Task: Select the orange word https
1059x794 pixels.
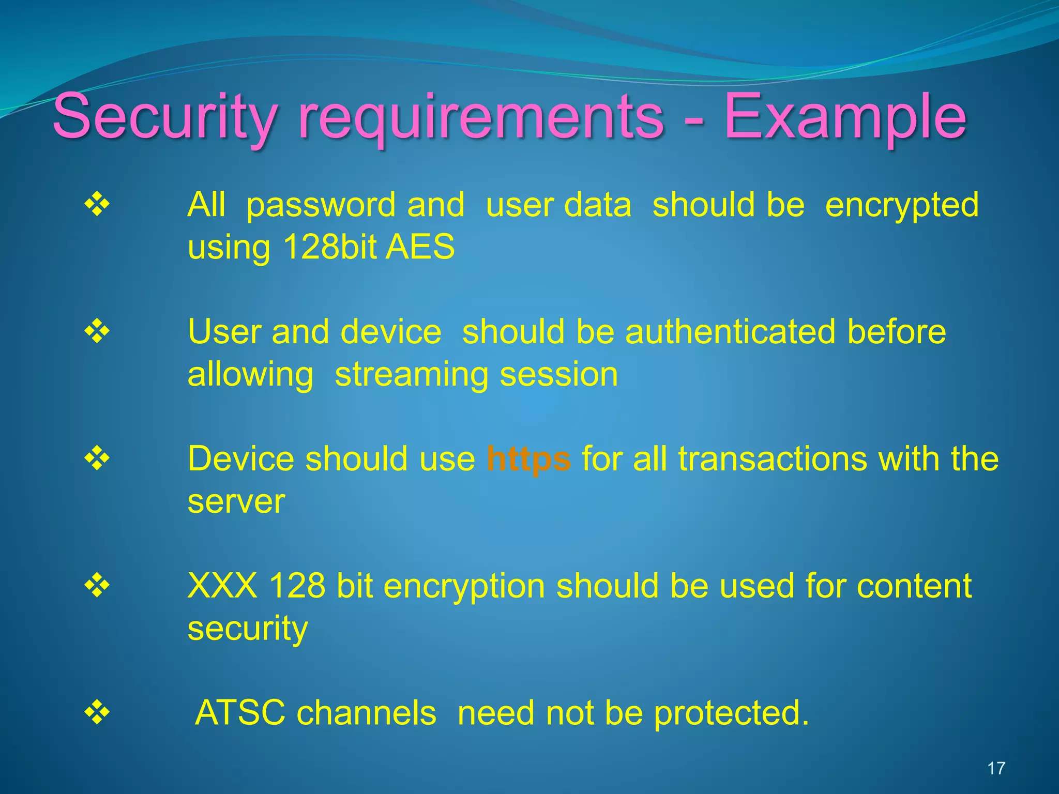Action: (x=528, y=459)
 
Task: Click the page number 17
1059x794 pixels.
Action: (x=996, y=768)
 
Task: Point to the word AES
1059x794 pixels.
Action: (x=420, y=247)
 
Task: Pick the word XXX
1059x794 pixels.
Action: (x=222, y=586)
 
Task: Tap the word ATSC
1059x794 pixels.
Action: (x=240, y=712)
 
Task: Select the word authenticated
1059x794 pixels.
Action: (x=730, y=331)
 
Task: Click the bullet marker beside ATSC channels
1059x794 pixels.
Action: (x=97, y=712)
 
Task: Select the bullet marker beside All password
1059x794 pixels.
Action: (x=97, y=204)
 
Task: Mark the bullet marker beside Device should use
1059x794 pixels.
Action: (x=97, y=458)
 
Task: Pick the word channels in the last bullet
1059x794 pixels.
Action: (x=366, y=712)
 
